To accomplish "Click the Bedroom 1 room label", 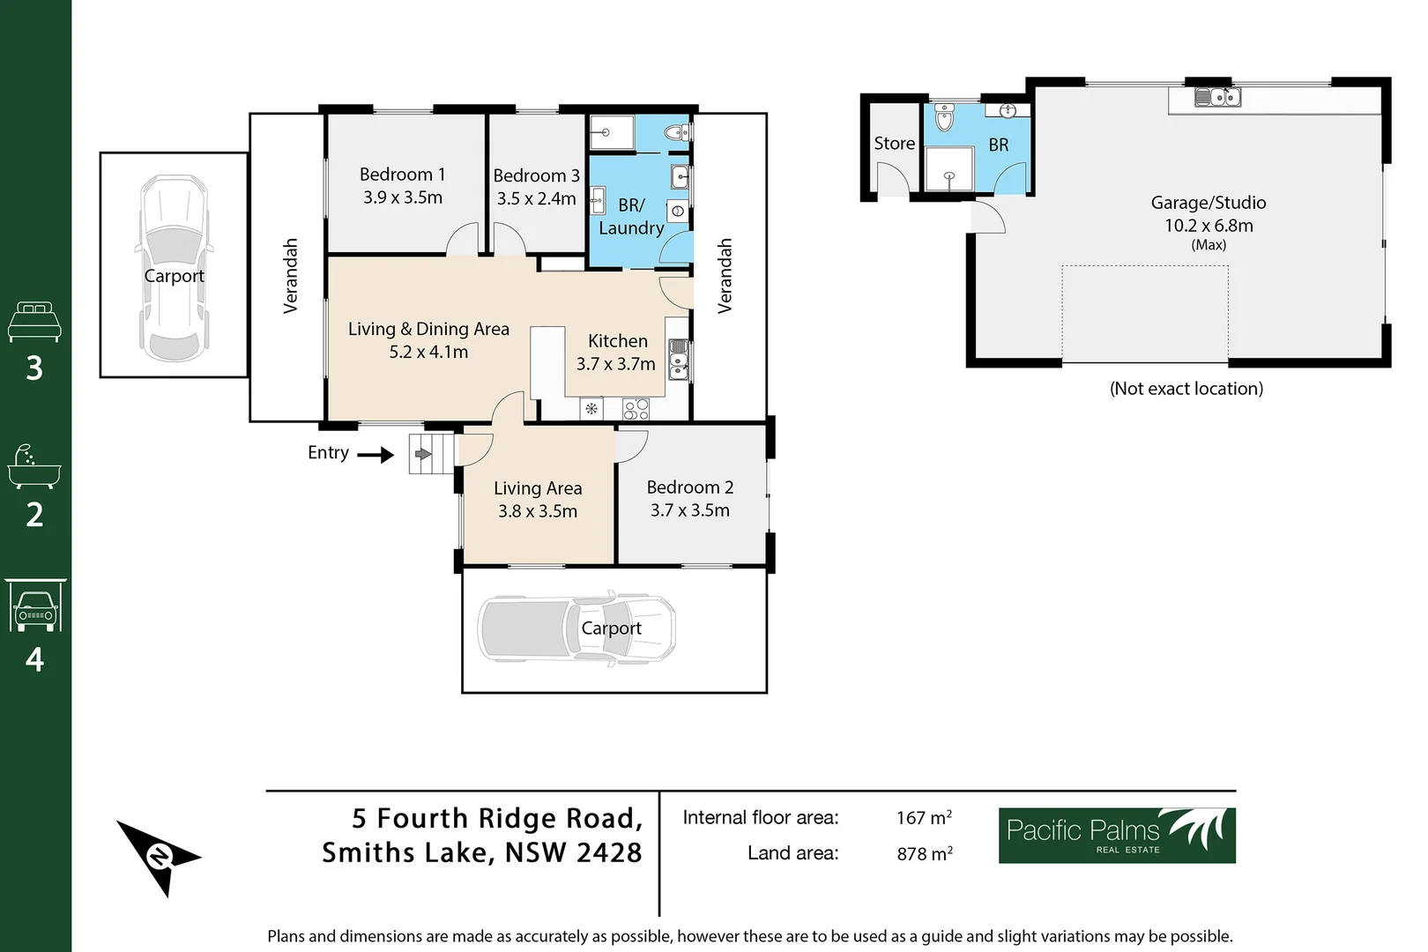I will tap(402, 175).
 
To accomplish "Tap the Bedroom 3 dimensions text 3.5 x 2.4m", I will tap(536, 198).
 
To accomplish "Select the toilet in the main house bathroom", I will tap(677, 133).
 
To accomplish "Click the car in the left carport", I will tap(175, 268).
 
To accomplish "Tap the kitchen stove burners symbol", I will tap(636, 409).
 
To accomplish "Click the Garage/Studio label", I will tap(1208, 203).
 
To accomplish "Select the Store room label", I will tap(894, 144).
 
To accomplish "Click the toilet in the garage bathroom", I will tap(944, 117).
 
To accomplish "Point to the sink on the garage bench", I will tap(1218, 96).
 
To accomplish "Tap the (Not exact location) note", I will tap(1186, 389).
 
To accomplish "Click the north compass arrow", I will tap(159, 856).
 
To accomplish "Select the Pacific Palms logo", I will tap(1116, 835).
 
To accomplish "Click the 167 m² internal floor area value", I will tap(924, 818).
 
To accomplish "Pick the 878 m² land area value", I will tap(924, 853).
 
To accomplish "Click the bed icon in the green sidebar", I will tap(34, 322).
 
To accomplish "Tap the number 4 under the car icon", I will tap(34, 659).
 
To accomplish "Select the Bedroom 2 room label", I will tap(689, 487).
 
